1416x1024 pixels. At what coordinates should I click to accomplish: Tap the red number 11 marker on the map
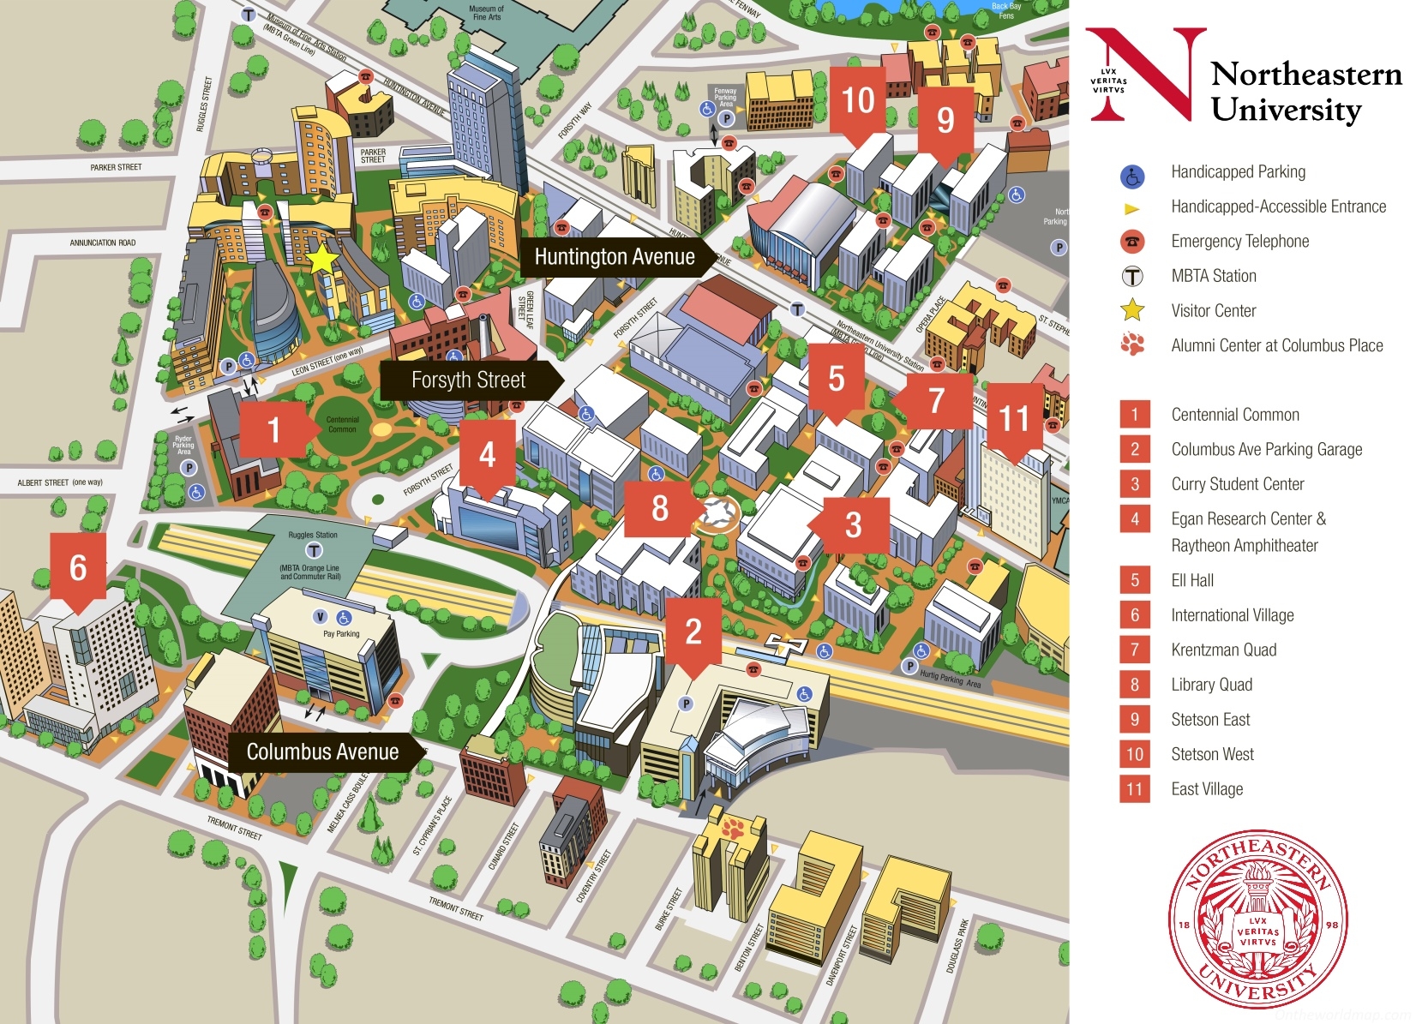tap(1013, 419)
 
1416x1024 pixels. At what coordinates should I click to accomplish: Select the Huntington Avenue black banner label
tap(615, 257)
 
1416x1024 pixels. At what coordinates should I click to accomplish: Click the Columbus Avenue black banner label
tap(323, 752)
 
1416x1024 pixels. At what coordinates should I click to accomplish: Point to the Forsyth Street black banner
tap(468, 380)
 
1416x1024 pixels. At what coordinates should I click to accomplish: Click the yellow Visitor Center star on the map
tap(322, 259)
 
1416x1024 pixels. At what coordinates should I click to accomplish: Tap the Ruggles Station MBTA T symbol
tap(314, 550)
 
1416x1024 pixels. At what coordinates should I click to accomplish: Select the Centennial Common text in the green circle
tap(342, 424)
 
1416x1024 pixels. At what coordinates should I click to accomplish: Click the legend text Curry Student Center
tap(1237, 484)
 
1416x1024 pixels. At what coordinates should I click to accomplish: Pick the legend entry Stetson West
tap(1212, 754)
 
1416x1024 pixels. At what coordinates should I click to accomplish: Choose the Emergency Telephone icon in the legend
tap(1132, 242)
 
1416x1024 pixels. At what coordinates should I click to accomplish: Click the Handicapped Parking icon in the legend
tap(1132, 177)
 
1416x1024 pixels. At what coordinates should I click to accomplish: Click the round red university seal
tap(1257, 919)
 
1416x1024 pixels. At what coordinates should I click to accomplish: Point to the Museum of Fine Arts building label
tap(486, 13)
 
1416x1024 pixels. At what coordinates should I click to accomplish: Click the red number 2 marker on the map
tap(693, 632)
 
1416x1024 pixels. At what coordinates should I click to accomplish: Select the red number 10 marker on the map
tap(858, 100)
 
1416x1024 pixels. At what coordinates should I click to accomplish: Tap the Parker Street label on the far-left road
tap(116, 167)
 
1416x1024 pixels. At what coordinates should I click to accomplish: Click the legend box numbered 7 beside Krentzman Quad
tap(1134, 650)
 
